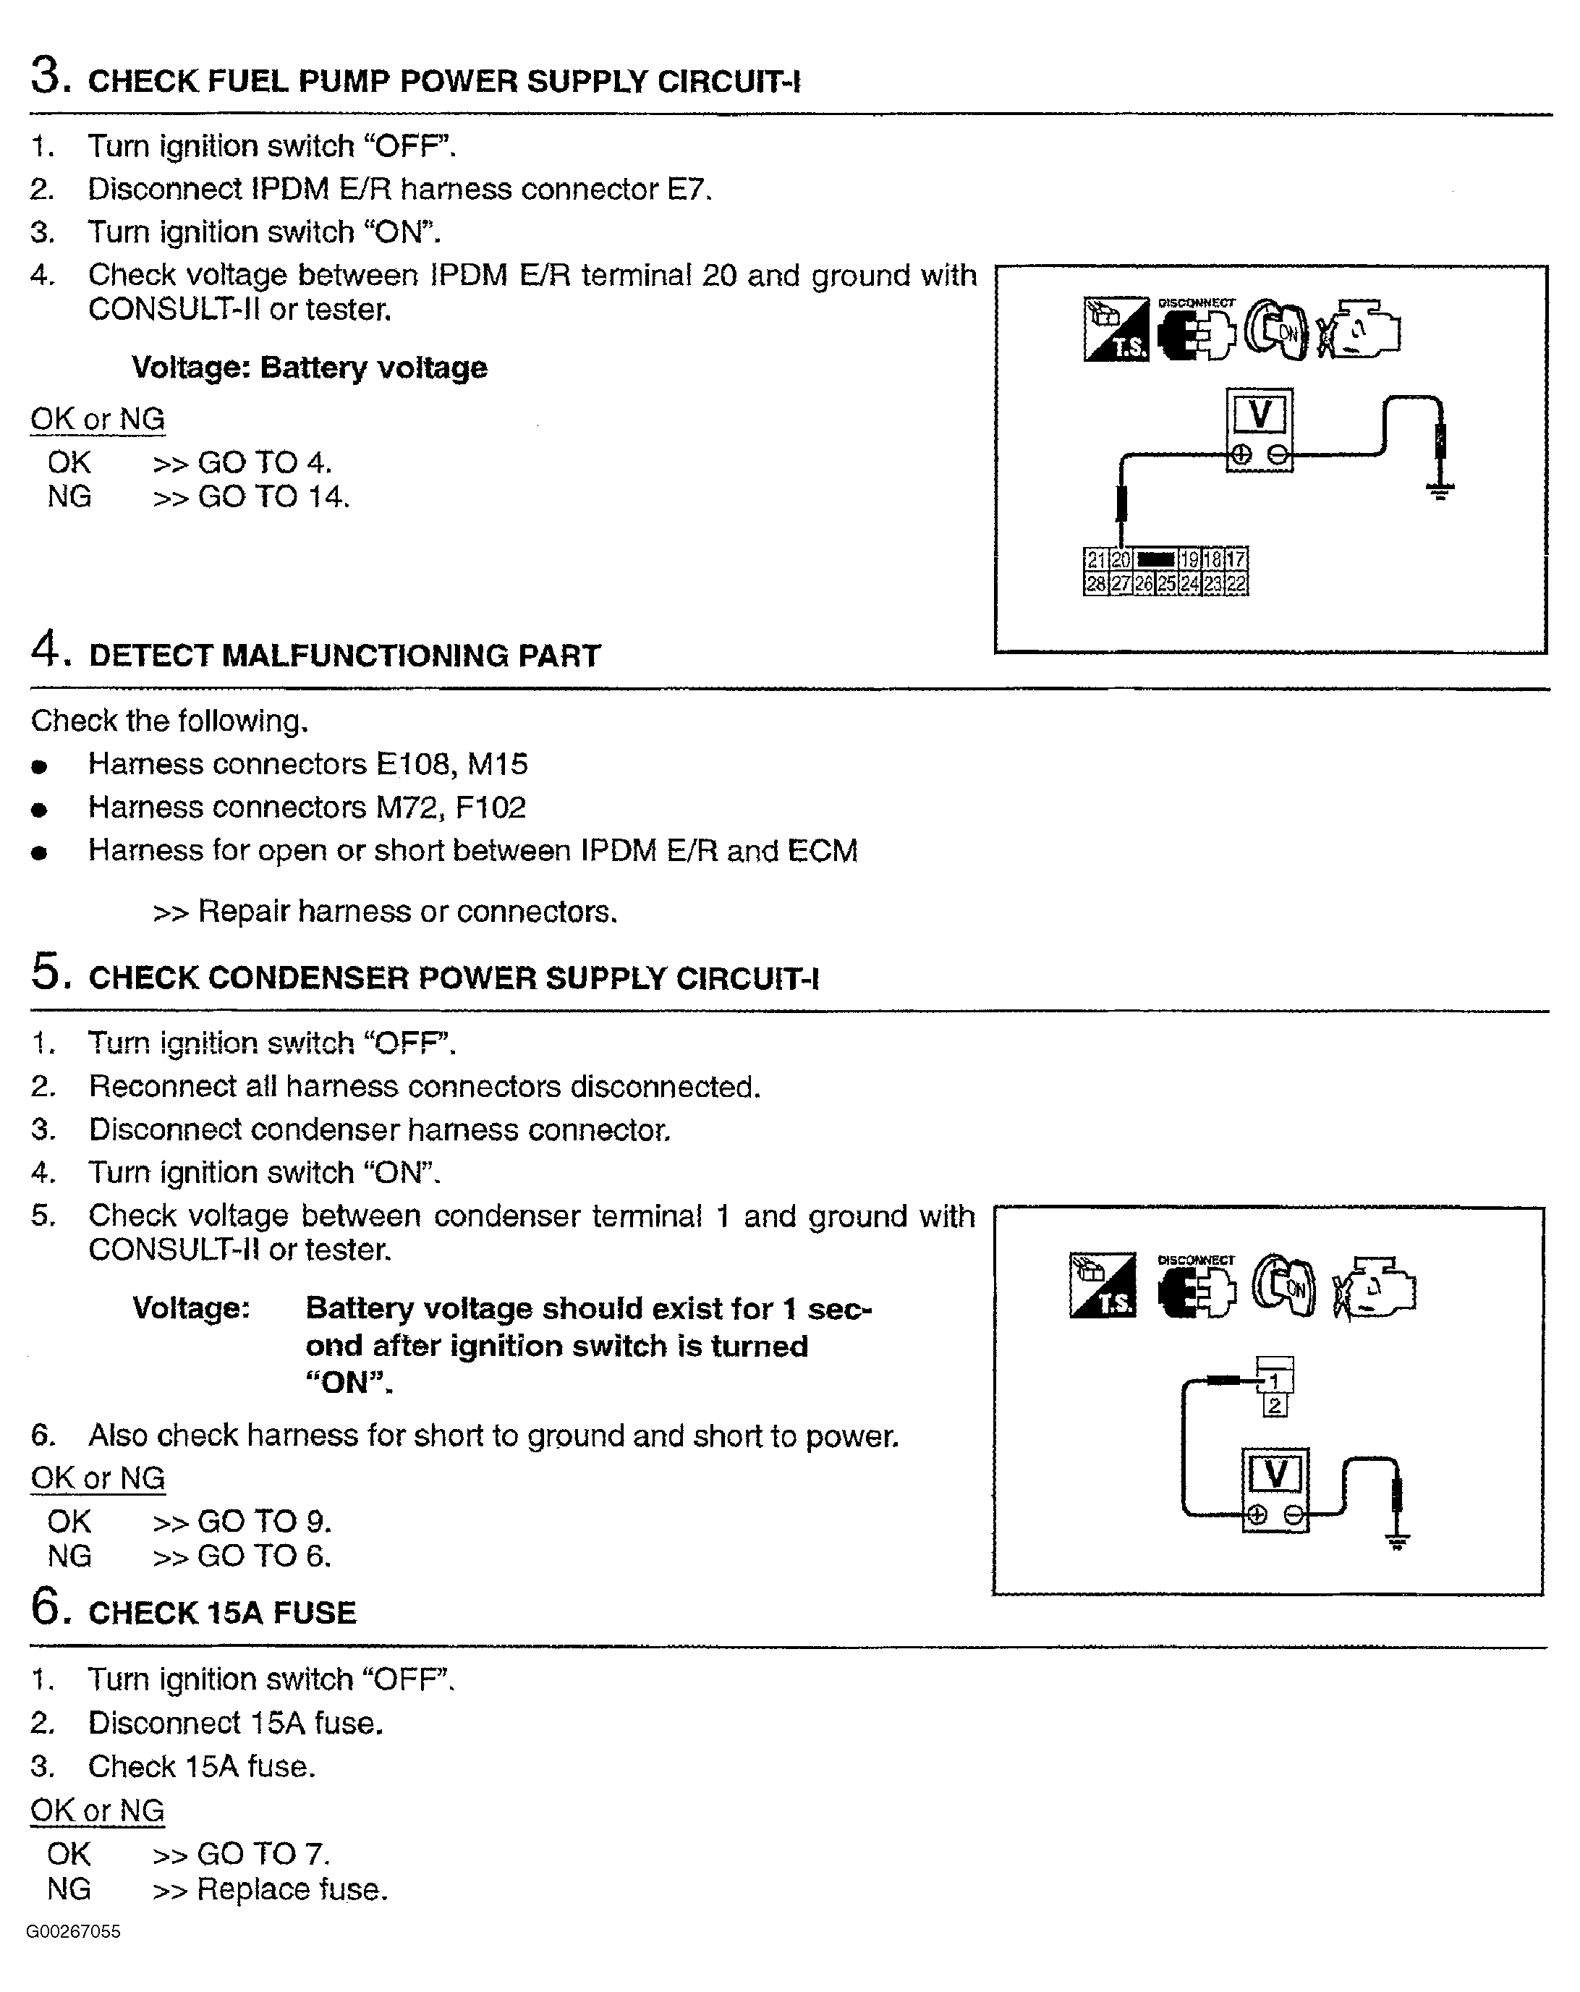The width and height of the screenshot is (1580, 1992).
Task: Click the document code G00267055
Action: (x=73, y=1932)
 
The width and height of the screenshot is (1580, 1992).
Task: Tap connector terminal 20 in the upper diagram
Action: (x=1119, y=559)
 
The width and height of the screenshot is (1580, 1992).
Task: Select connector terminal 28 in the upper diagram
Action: (x=1095, y=583)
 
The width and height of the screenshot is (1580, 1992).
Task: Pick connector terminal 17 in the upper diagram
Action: (x=1236, y=559)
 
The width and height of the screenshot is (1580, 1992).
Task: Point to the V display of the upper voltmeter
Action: (x=1260, y=414)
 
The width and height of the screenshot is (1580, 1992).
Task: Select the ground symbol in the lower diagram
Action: (x=1396, y=1541)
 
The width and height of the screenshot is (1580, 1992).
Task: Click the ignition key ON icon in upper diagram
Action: (x=1276, y=330)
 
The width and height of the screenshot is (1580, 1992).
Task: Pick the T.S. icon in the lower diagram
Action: (x=1103, y=1285)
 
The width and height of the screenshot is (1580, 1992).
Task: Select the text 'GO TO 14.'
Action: (x=273, y=497)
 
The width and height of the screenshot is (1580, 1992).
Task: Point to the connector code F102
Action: (x=490, y=808)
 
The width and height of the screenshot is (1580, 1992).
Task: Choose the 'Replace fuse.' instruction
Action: (x=292, y=1889)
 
